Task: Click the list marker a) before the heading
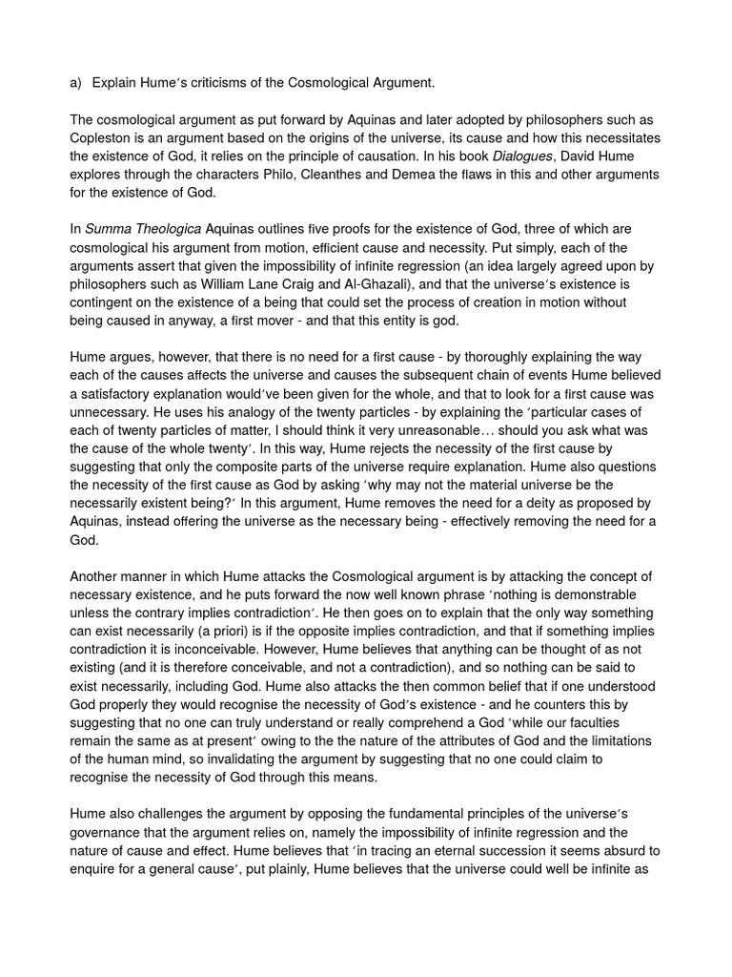click(x=76, y=83)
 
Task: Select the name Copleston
click(x=103, y=137)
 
